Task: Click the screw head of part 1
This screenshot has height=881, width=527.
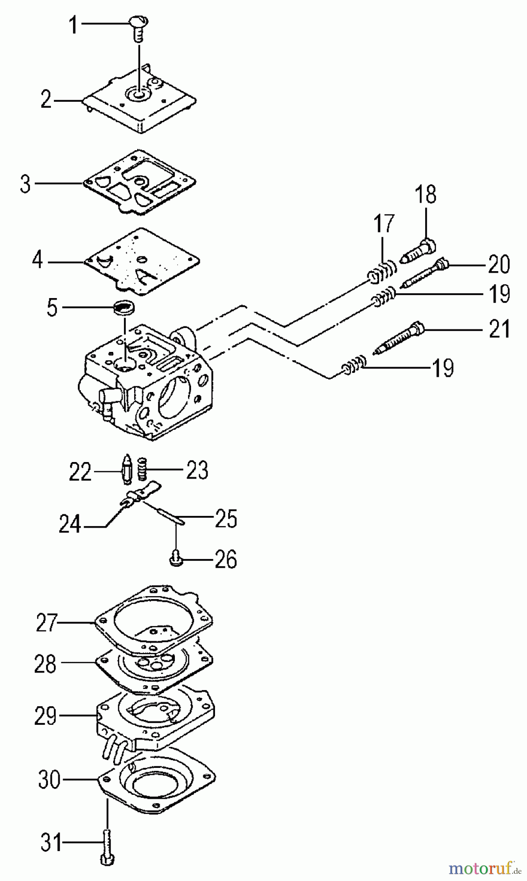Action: [139, 22]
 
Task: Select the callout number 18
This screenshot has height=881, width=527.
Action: [425, 194]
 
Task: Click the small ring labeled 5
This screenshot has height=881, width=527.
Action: [124, 308]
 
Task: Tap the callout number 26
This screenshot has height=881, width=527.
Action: [226, 559]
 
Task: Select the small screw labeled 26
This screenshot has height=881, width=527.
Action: [176, 558]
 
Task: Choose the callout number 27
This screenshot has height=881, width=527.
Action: [47, 623]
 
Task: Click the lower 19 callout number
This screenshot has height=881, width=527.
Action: [443, 368]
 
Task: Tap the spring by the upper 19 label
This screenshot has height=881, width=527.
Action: [385, 297]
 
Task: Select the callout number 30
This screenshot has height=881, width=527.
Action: [49, 779]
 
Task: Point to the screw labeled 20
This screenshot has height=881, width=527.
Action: [425, 274]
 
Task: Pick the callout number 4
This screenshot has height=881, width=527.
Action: [38, 260]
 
